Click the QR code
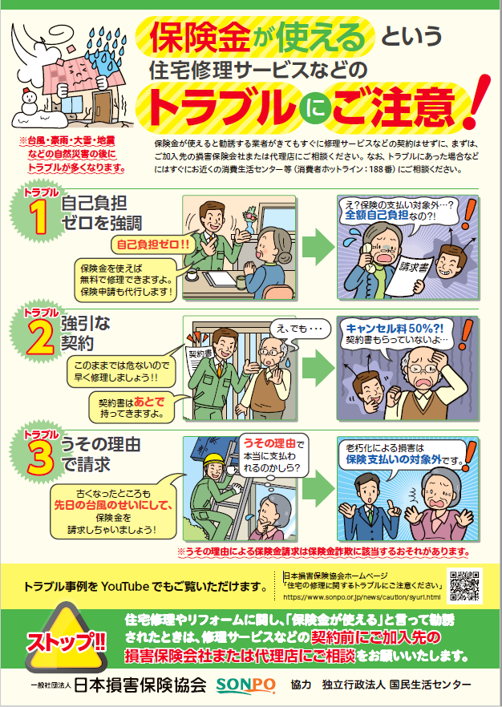point(465,586)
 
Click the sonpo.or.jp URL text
point(362,597)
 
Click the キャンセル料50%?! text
point(384,329)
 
